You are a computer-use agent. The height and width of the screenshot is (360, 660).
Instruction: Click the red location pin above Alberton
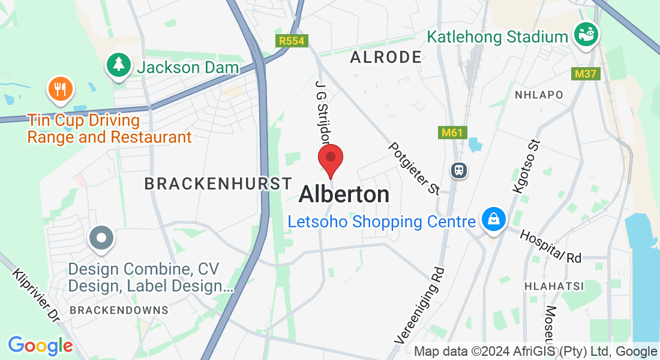point(330,160)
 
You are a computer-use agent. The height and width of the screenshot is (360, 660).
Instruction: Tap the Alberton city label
point(344,194)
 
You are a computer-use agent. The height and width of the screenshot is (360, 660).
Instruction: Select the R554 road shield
point(292,41)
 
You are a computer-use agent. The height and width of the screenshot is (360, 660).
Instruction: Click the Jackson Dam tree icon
point(119,65)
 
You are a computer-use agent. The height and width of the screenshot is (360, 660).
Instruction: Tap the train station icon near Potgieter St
point(460,170)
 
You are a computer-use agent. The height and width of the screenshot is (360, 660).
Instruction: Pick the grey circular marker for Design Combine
point(101,238)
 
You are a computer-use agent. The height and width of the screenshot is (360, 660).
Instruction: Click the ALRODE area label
point(386,58)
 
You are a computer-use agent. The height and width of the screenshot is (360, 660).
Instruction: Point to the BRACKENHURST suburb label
point(218,184)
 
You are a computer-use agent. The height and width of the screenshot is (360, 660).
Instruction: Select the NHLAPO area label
point(539,95)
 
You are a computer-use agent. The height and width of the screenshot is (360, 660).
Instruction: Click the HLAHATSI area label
point(545,286)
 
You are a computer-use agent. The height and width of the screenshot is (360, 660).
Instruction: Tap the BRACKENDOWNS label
point(119,310)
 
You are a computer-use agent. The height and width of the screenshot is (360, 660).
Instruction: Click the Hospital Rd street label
point(551,246)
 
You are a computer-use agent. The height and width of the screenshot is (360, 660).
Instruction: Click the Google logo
point(40,345)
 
